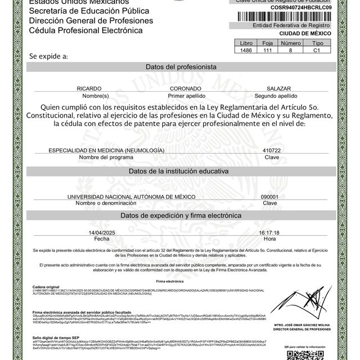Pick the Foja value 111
268,50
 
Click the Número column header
291,42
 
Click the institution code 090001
270,196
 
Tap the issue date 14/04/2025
102,232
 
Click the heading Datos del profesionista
181,66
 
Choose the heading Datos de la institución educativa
181,170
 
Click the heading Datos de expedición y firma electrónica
181,215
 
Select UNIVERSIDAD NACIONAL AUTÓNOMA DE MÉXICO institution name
131,196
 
